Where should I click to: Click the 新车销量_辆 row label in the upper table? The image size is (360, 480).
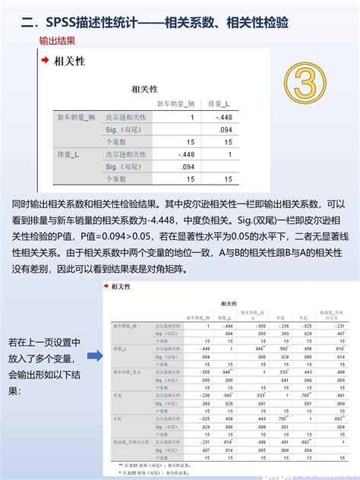pos(77,117)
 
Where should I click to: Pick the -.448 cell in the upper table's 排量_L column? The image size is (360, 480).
pos(224,117)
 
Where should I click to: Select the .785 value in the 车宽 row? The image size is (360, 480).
pos(307,395)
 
